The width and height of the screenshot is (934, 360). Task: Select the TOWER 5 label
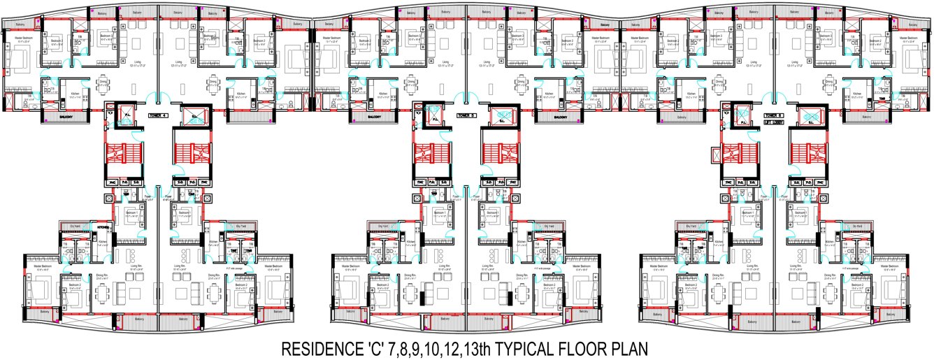[x=466, y=116]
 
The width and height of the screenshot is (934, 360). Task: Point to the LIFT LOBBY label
[x=774, y=122]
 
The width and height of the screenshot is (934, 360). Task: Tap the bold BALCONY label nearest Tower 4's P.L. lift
[x=67, y=116]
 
